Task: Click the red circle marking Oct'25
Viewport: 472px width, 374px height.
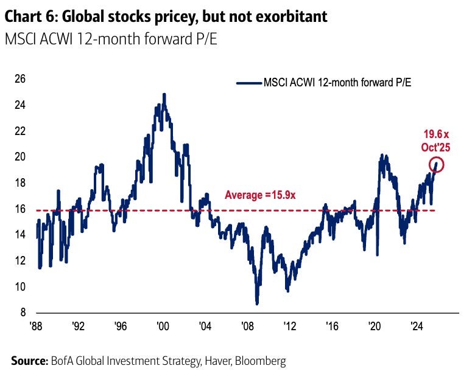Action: [436, 164]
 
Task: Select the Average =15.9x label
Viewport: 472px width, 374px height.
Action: [260, 195]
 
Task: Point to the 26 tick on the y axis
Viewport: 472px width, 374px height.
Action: [20, 79]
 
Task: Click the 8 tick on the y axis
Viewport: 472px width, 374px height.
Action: [23, 313]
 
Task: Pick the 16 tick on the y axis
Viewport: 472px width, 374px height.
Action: [20, 209]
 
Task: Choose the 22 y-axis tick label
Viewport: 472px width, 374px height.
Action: [20, 131]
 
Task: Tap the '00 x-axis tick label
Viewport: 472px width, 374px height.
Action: [163, 325]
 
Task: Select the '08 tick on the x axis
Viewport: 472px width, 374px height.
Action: [247, 325]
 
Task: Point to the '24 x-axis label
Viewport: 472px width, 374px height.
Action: [417, 325]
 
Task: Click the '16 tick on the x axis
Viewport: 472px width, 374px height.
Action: [332, 325]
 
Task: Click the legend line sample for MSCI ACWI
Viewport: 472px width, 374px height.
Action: [248, 82]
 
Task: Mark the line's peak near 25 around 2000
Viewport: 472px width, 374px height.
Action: [164, 95]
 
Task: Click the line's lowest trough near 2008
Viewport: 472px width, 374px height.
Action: [257, 303]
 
